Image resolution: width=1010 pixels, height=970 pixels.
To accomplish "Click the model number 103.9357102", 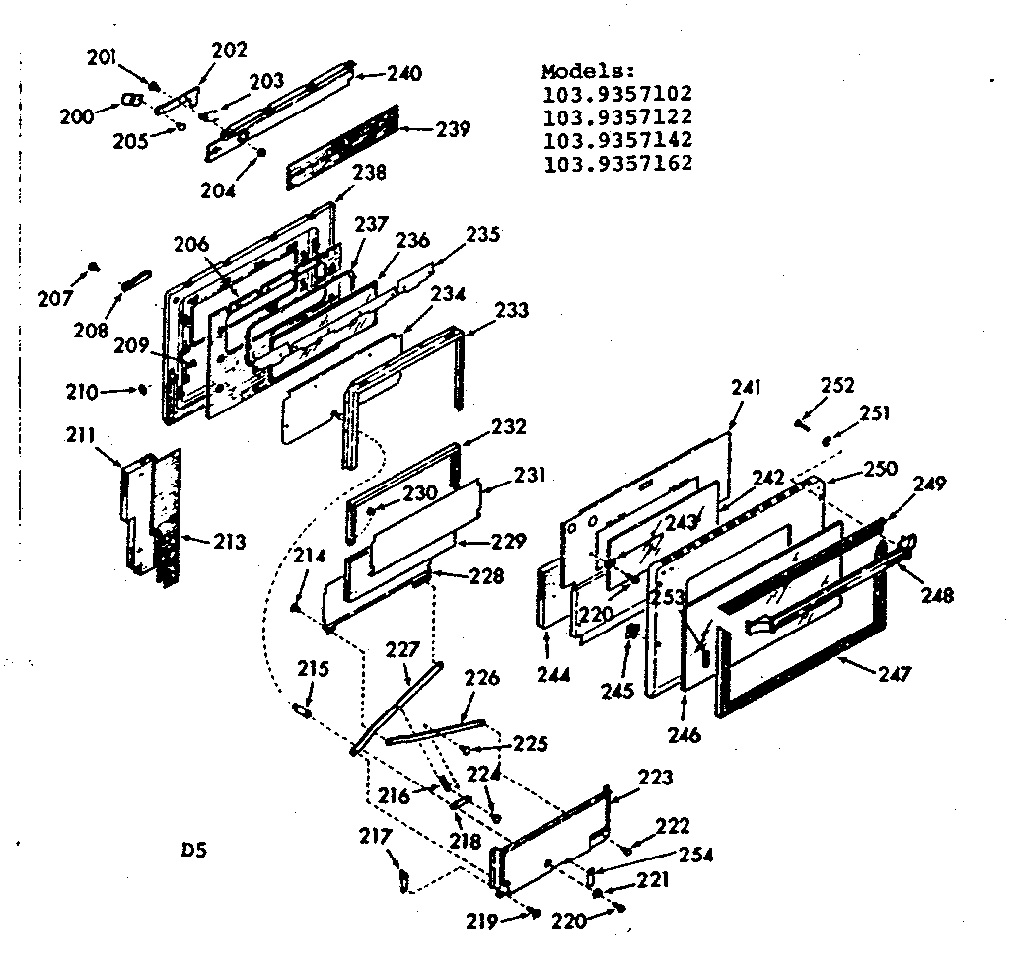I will pyautogui.click(x=617, y=95).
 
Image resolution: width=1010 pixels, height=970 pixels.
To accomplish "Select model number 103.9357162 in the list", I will pyautogui.click(x=617, y=164).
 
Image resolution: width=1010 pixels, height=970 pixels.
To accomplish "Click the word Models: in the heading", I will pyautogui.click(x=589, y=72).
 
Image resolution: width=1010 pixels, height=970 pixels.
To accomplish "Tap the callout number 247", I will pyautogui.click(x=895, y=675).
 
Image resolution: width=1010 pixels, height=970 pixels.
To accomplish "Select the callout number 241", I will pyautogui.click(x=748, y=388).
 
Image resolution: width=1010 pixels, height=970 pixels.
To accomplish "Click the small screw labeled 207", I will pyautogui.click(x=92, y=267).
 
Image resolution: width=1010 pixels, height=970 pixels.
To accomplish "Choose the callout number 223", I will pyautogui.click(x=657, y=778).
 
